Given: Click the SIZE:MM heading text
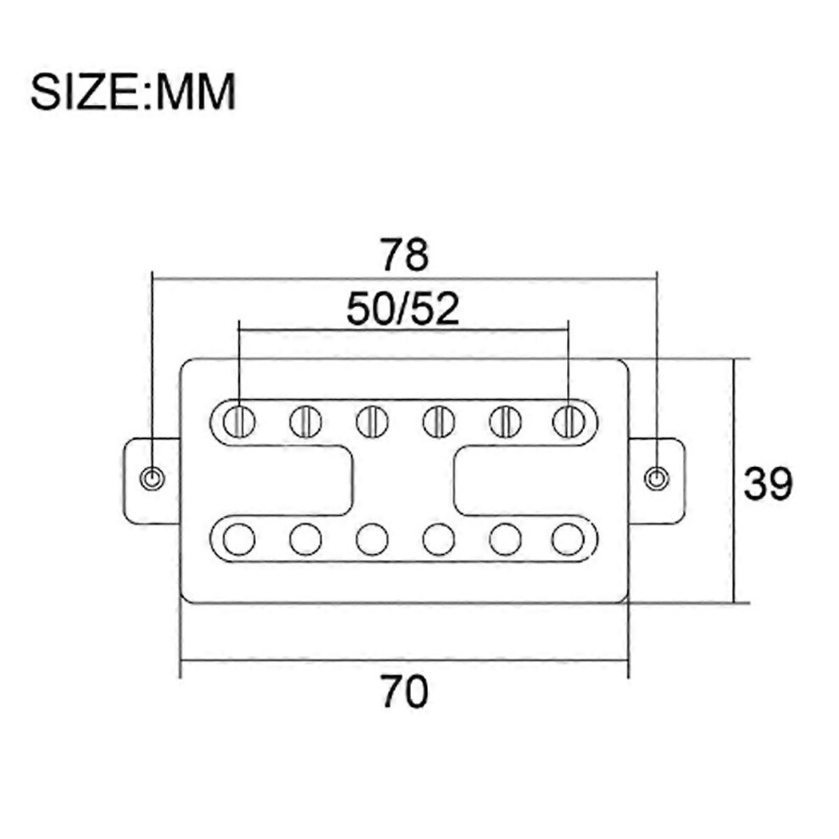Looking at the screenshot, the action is [x=133, y=92].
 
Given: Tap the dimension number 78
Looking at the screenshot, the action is [x=404, y=255].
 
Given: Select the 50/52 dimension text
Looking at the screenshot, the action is [x=403, y=309].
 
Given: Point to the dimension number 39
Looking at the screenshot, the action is [x=768, y=484].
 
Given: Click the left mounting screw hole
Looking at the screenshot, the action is [x=152, y=477].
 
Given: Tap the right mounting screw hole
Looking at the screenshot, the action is [x=657, y=477].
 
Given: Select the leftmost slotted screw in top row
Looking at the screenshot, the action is [x=239, y=422].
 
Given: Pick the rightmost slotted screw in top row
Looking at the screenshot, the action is [x=569, y=422].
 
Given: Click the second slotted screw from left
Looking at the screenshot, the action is [x=306, y=422].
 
